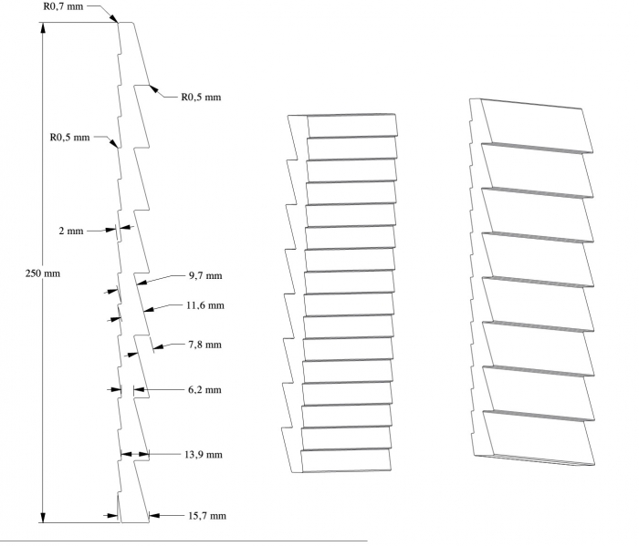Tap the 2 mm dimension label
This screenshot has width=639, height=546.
click(x=70, y=232)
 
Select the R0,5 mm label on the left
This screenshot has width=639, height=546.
click(x=70, y=138)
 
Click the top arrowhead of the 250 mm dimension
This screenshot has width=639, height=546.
click(x=42, y=27)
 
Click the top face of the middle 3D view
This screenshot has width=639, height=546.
click(x=351, y=125)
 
